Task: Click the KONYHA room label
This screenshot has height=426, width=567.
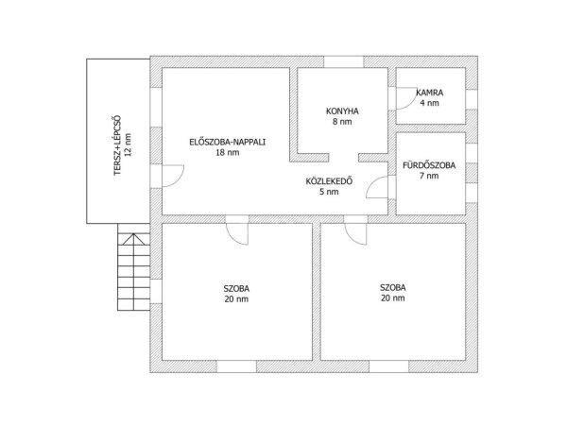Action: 342,111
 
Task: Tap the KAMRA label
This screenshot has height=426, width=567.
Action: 430,93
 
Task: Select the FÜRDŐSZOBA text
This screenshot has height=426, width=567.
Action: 429,165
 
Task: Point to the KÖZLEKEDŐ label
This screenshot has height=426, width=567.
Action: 329,181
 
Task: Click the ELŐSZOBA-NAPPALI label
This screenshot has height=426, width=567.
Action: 228,142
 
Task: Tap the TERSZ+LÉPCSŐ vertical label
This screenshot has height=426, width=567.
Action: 117,145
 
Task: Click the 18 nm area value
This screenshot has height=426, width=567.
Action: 228,152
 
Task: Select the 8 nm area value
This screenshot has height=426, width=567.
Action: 342,122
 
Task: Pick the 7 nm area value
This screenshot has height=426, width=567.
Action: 429,176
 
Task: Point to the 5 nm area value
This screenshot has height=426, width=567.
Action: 329,192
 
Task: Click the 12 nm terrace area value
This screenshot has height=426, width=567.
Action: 128,145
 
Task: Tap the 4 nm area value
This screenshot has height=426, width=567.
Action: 430,103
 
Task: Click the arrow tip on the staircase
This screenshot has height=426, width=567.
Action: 134,233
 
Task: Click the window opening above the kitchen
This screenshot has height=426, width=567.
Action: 343,61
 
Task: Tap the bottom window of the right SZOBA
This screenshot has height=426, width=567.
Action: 388,366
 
